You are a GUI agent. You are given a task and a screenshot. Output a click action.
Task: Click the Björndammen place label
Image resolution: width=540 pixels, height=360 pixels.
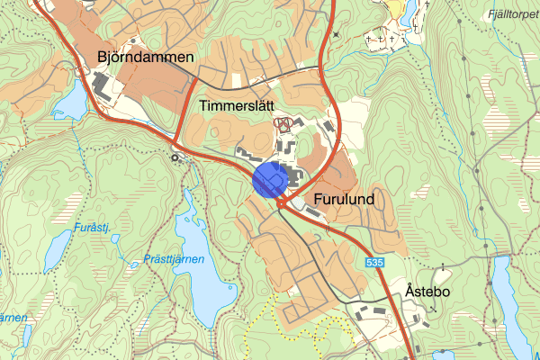tap(146, 58)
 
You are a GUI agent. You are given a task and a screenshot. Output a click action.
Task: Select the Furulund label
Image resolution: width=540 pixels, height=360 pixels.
tap(345, 197)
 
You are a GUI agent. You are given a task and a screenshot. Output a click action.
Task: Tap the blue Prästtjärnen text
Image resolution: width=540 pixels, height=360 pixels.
tap(174, 259)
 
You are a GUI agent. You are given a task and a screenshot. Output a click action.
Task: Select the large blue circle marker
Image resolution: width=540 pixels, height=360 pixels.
tap(269, 179)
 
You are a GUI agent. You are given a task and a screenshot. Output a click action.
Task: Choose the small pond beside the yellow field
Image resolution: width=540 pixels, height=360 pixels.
tap(409, 11)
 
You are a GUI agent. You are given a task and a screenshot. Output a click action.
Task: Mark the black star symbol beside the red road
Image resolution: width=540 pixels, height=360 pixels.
tap(336, 34)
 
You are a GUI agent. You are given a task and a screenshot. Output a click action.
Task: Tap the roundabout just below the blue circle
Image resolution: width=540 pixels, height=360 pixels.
tap(282, 204)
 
